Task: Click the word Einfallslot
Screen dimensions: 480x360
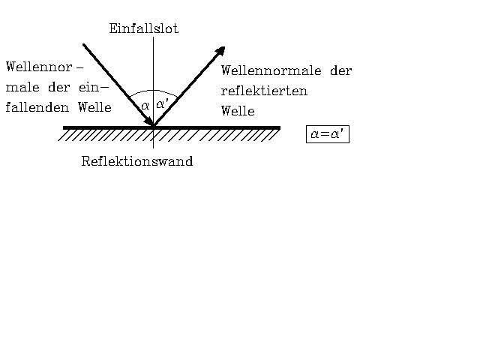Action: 144,28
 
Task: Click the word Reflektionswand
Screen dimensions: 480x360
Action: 137,161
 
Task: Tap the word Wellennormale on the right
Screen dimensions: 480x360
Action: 271,70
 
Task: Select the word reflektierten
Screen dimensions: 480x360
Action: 264,91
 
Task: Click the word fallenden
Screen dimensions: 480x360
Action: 37,107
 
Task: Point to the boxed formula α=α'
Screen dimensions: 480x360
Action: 328,134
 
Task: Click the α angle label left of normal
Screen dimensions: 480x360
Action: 145,106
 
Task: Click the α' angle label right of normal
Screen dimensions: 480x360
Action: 162,103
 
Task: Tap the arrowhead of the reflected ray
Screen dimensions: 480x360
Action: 221,50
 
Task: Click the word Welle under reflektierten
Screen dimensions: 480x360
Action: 238,110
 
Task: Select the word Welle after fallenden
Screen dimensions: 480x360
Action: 94,107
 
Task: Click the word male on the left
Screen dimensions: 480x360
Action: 22,87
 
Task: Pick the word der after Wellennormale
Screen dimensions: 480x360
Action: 341,70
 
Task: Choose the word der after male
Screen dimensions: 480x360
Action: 59,87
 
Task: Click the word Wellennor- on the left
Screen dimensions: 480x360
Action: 45,67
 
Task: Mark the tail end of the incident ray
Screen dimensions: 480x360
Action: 83,45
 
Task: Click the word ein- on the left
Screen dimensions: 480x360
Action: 94,87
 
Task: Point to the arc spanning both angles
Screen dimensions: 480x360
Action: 153,90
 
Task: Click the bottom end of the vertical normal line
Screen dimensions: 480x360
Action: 153,148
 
